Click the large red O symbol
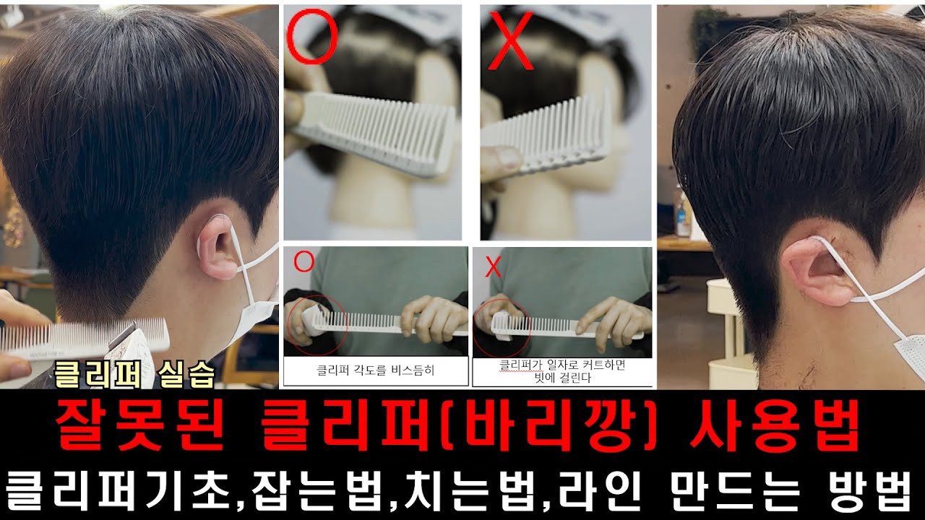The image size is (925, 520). click(x=288, y=37)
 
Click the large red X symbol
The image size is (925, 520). click(x=510, y=40)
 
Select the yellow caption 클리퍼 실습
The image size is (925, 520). click(x=134, y=375)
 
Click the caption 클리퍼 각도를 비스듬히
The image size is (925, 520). click(x=375, y=370)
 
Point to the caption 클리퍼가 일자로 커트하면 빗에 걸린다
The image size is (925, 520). click(x=562, y=371)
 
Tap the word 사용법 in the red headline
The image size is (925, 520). click(x=775, y=426)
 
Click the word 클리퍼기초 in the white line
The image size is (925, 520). click(x=117, y=491)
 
